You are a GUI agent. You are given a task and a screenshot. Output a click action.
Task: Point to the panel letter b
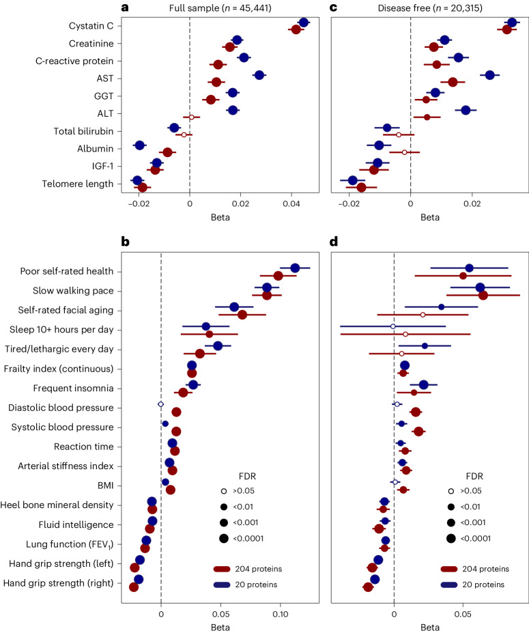click(124, 241)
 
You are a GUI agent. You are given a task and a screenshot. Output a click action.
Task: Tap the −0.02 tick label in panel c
click(349, 203)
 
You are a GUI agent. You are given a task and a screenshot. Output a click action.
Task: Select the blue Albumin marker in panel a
click(140, 145)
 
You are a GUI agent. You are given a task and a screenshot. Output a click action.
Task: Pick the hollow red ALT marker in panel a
click(192, 117)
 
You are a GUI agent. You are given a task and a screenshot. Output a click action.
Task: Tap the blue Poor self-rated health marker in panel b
click(295, 268)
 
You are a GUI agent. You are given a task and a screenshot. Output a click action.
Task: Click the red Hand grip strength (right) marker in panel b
click(134, 587)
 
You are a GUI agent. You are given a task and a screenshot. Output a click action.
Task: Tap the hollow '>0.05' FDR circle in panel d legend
click(451, 491)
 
